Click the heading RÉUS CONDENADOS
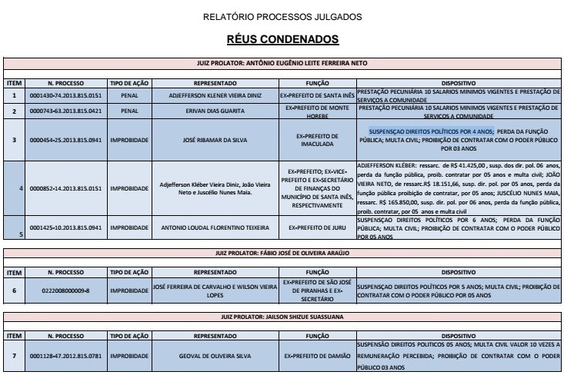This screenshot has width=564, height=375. tap(281, 38)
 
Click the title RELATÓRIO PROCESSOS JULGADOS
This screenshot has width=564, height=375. tap(281, 16)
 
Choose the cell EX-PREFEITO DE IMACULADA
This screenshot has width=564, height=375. tap(317, 139)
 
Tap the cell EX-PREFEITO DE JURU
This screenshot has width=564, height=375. tap(317, 227)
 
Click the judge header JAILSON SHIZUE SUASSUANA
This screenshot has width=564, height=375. tap(281, 315)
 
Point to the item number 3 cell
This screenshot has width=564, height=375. tap(13, 139)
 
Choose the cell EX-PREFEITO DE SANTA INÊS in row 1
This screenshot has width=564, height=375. tap(317, 95)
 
